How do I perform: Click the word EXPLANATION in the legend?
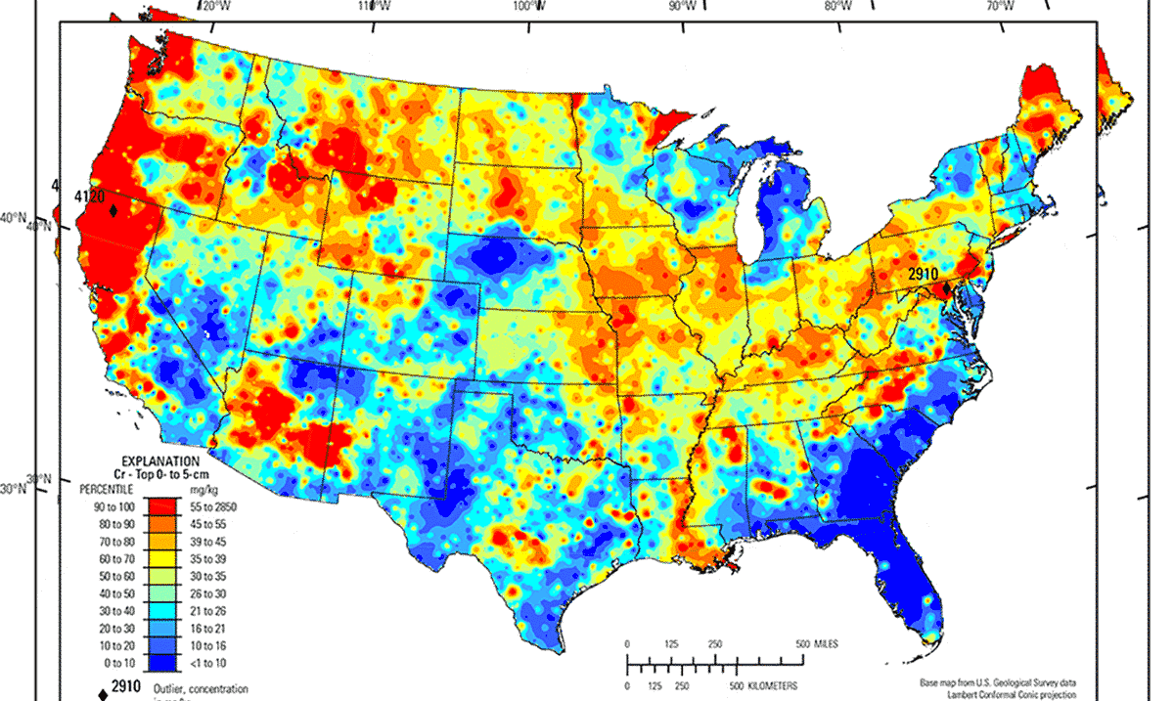click(x=161, y=460)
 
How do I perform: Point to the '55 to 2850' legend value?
click(x=217, y=506)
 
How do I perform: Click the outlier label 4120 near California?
click(x=89, y=197)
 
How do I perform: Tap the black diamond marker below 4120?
click(x=114, y=210)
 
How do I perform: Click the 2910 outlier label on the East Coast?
click(x=923, y=274)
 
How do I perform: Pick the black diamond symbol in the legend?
click(x=101, y=693)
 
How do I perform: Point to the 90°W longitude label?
click(x=682, y=7)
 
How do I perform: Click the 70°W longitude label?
click(x=999, y=7)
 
